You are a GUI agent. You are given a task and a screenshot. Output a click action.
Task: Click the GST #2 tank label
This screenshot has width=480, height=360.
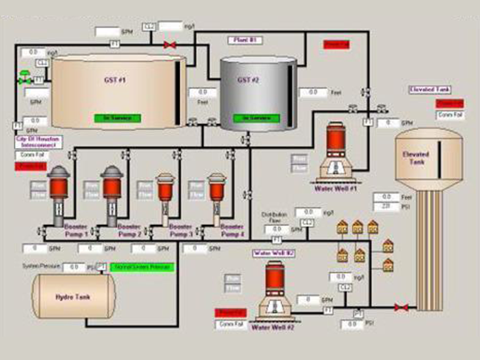[248, 80]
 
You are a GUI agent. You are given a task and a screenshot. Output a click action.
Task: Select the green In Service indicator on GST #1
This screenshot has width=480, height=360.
[117, 117]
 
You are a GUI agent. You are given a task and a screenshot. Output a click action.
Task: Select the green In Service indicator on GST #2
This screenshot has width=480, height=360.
[255, 117]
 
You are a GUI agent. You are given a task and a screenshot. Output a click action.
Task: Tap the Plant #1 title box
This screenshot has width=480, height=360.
[244, 40]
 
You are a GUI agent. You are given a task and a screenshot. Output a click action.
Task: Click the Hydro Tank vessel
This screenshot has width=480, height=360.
[73, 297]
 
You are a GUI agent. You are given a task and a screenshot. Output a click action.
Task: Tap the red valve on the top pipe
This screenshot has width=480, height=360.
[169, 45]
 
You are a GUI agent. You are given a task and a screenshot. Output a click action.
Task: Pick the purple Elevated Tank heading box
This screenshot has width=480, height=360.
[429, 90]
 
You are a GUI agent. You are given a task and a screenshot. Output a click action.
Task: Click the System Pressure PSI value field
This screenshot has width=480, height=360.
[73, 267]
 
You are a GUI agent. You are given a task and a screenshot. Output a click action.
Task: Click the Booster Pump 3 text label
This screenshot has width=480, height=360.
[181, 230]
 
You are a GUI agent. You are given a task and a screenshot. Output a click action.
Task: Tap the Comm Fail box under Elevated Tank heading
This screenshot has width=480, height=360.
[449, 115]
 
